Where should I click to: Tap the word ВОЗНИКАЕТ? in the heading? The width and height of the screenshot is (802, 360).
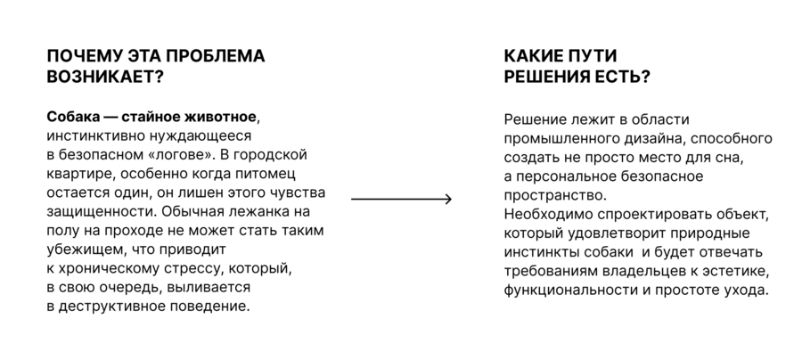pyautogui.click(x=105, y=77)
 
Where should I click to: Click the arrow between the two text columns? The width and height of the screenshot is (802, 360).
pyautogui.click(x=402, y=199)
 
